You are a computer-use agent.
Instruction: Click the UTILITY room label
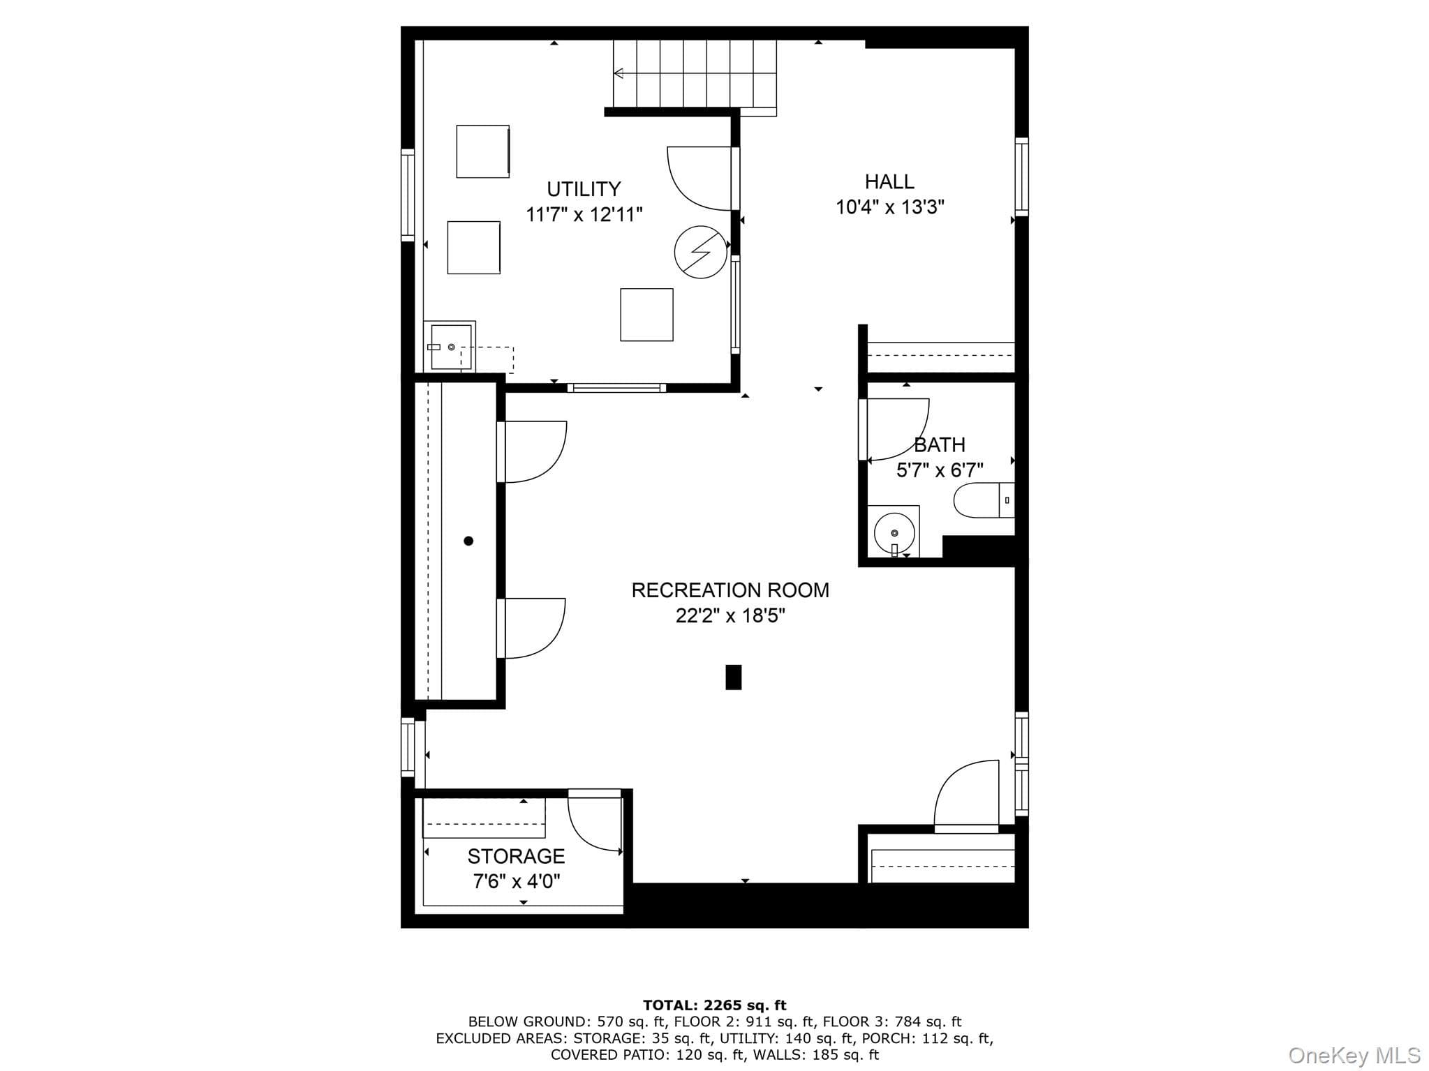pyautogui.click(x=584, y=189)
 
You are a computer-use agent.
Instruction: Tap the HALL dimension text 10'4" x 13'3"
pyautogui.click(x=890, y=207)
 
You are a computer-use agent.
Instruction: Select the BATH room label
pyautogui.click(x=940, y=444)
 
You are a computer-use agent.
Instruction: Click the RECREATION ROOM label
pyautogui.click(x=730, y=590)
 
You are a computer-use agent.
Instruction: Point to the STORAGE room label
pyautogui.click(x=516, y=856)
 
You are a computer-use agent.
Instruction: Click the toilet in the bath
pyautogui.click(x=984, y=500)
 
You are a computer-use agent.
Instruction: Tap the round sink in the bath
pyautogui.click(x=894, y=533)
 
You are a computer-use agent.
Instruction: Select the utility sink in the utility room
pyautogui.click(x=451, y=347)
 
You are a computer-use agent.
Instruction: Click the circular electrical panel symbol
pyautogui.click(x=700, y=252)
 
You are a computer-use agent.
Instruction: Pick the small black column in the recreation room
pyautogui.click(x=733, y=677)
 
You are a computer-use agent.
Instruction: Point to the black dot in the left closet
pyautogui.click(x=468, y=541)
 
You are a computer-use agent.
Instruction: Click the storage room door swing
pyautogui.click(x=594, y=824)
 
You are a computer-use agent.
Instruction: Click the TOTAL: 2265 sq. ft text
pyautogui.click(x=714, y=1005)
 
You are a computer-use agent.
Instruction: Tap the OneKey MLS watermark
pyautogui.click(x=1354, y=1055)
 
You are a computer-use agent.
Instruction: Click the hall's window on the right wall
pyautogui.click(x=1021, y=177)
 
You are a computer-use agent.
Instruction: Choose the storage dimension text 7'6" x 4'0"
pyautogui.click(x=517, y=882)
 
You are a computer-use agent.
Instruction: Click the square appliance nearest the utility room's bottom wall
pyautogui.click(x=646, y=315)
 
